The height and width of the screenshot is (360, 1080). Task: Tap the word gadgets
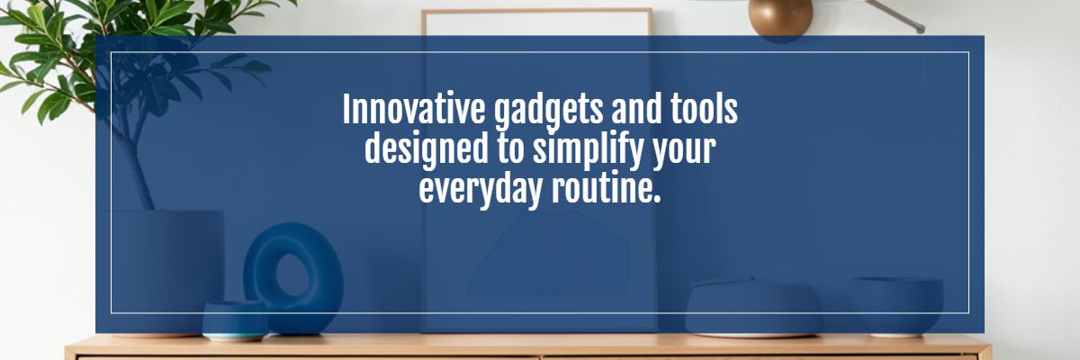tap(548, 112)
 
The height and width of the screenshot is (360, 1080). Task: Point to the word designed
tap(427, 151)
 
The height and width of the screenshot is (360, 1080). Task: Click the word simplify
tap(589, 151)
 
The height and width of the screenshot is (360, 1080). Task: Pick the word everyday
tap(481, 191)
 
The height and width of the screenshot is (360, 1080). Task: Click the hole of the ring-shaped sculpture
tap(292, 274)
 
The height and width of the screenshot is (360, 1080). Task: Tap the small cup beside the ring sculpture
tap(235, 320)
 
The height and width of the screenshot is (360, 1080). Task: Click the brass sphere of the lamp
tap(780, 17)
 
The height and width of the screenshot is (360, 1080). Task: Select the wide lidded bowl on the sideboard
tap(753, 308)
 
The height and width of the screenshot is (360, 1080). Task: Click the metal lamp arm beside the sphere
tap(895, 15)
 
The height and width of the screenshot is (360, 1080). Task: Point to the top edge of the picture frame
tap(537, 11)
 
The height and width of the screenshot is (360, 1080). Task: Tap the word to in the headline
tap(510, 149)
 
